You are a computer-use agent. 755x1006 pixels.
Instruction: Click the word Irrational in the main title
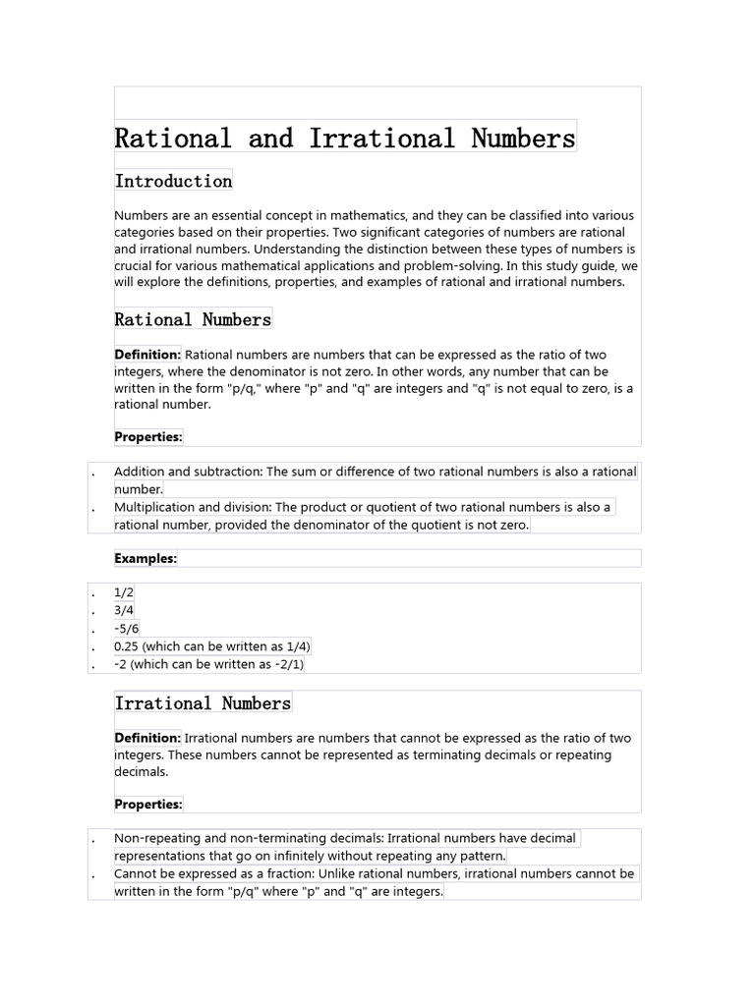point(381,139)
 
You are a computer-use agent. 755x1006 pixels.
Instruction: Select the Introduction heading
point(173,181)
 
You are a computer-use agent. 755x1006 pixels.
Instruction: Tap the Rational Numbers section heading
point(193,319)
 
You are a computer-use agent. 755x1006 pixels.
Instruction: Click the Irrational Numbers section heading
point(203,703)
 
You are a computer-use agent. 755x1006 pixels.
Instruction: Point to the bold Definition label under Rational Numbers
point(147,355)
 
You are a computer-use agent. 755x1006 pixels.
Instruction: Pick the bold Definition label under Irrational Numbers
point(147,738)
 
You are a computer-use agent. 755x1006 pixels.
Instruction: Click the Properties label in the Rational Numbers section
point(148,437)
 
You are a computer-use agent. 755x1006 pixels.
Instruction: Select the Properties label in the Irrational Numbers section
point(148,805)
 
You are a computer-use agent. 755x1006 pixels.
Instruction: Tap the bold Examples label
point(145,558)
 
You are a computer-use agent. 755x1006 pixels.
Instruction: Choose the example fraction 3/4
point(124,611)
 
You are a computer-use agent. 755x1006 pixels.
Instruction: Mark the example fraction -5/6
point(126,629)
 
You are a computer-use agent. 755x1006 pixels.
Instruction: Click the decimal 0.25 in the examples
point(127,646)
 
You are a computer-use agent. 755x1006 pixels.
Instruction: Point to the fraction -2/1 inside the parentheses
point(287,664)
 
